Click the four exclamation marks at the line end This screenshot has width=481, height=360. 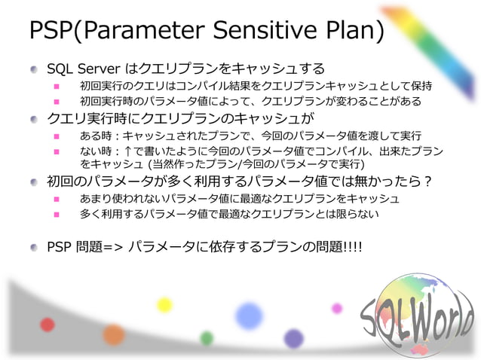click(x=351, y=246)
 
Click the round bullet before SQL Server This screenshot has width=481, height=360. click(x=35, y=69)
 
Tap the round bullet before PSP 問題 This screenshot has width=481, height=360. click(x=35, y=246)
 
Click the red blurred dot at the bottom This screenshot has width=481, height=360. click(x=47, y=325)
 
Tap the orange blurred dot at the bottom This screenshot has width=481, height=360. click(x=114, y=334)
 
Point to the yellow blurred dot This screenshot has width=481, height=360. click(x=164, y=304)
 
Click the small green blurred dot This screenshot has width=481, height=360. click(x=207, y=338)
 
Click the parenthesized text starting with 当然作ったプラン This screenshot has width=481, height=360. click(x=256, y=163)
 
